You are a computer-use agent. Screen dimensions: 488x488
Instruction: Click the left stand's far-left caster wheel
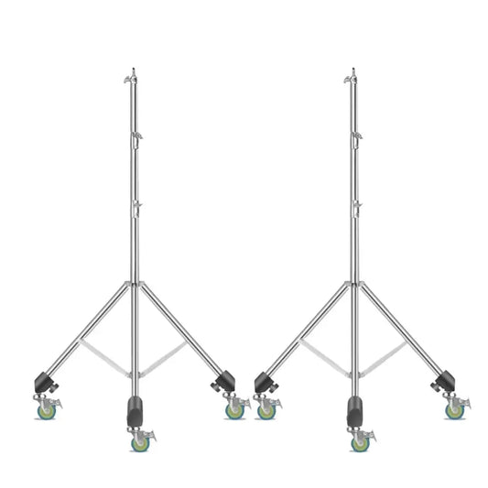pos(47,411)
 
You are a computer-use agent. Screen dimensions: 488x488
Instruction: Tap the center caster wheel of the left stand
pos(140,443)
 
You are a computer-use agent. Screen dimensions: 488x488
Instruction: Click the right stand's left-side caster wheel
pos(266,411)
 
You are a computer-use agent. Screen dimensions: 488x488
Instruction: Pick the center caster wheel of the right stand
pos(360,443)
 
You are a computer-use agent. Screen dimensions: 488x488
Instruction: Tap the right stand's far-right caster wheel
pos(453,411)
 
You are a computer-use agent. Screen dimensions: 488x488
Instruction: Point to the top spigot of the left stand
pos(133,73)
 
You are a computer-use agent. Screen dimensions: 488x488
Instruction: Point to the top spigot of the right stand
pos(352,73)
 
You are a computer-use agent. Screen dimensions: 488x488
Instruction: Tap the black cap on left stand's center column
pos(136,408)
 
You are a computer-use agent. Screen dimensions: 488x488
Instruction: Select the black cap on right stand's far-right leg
pos(445,380)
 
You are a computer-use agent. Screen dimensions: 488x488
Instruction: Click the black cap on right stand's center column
pos(354,408)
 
